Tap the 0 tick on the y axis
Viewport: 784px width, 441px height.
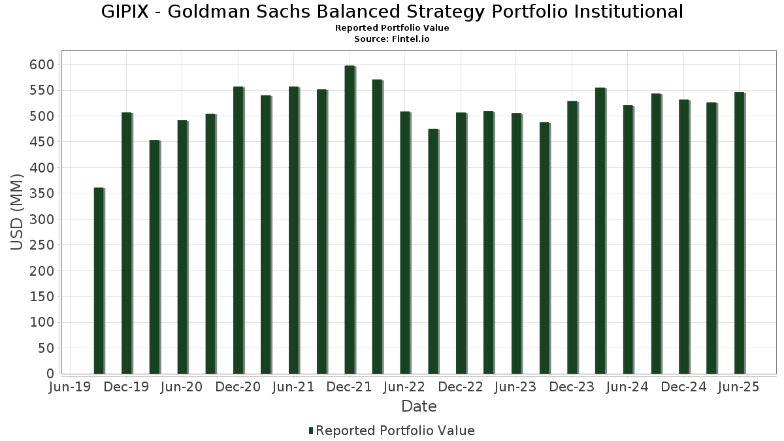pos(50,374)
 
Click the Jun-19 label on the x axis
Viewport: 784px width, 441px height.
pos(71,387)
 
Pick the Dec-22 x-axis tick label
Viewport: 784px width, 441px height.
pos(461,387)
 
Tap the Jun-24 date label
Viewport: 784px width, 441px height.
pos(627,387)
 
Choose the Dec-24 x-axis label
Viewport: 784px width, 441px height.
pos(683,387)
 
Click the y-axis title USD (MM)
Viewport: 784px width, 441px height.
pos(18,212)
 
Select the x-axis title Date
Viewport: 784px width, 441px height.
pos(419,406)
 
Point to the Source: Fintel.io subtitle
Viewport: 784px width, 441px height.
pos(392,39)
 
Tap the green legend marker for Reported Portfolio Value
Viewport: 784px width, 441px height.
pos(311,431)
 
